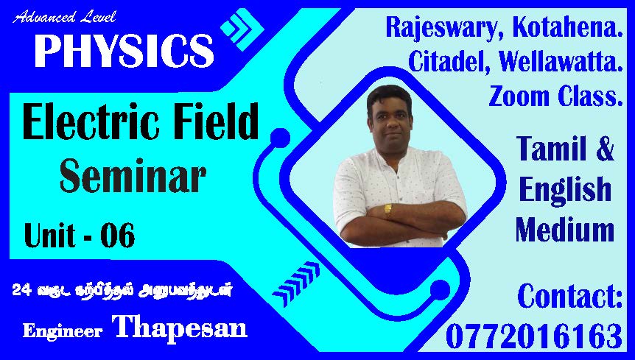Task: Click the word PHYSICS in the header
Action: coord(124,50)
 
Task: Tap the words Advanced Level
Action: coord(64,18)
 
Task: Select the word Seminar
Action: coord(133,175)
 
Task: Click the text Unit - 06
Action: coord(80,235)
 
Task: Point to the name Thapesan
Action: coord(180,326)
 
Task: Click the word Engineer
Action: coord(63,331)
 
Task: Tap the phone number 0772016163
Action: coord(534,336)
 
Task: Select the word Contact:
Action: coord(569,297)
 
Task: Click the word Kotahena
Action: coord(567,27)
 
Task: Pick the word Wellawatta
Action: coord(561,62)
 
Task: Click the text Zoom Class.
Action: coord(555,96)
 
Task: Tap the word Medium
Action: coord(565,230)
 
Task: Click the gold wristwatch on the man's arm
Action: coord(388,209)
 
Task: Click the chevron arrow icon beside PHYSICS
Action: coord(242,29)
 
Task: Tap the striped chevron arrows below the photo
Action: coord(296,278)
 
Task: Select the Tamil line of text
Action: coord(122,290)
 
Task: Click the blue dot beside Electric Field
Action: coord(280,138)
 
